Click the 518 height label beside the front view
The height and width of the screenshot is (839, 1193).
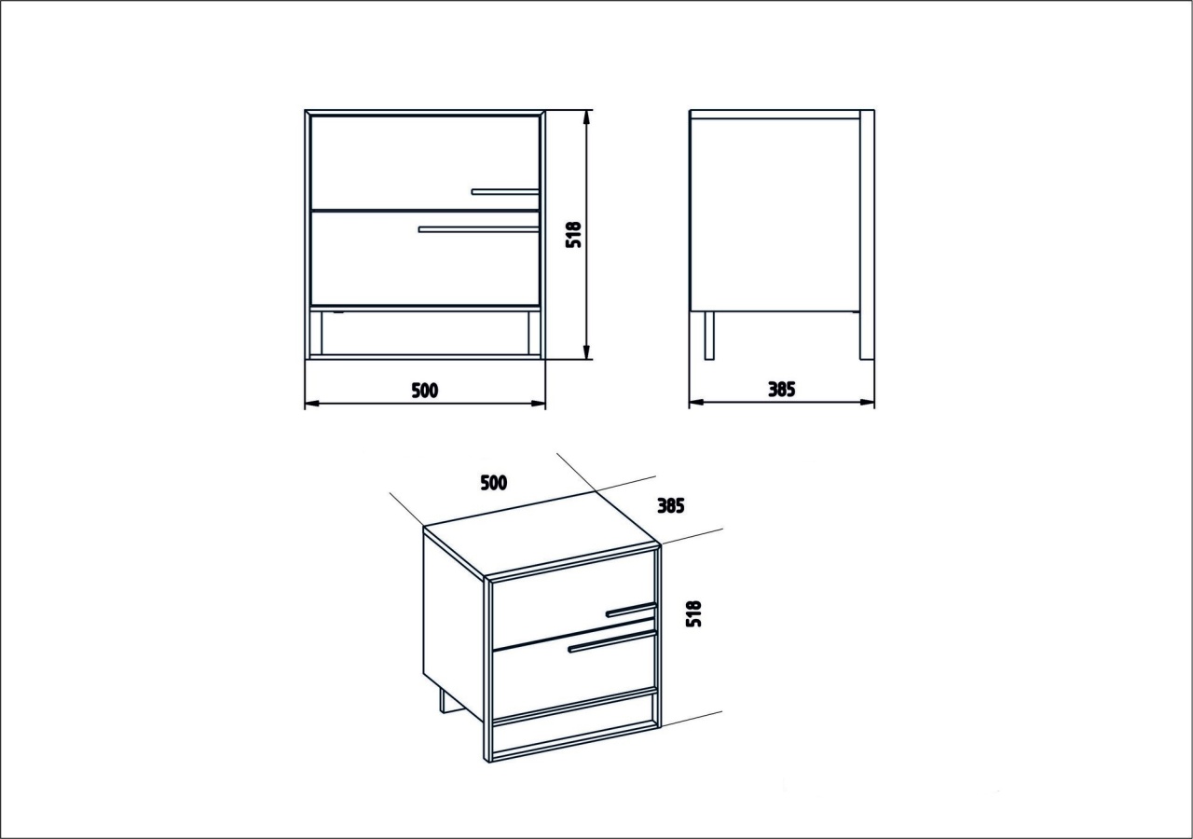(573, 234)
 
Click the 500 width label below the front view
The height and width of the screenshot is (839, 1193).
(425, 391)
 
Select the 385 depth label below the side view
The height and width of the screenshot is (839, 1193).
(781, 390)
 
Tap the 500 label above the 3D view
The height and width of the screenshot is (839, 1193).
(494, 483)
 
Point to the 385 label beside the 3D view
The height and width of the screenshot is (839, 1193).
(670, 505)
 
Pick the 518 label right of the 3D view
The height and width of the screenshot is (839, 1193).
(694, 613)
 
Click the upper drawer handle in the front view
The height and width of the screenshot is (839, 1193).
(505, 191)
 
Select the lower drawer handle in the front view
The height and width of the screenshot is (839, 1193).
(479, 229)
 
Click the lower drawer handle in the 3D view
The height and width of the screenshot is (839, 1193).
(611, 641)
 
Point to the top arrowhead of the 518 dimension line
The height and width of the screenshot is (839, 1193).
(586, 117)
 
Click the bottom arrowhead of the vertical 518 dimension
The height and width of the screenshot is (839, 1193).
(586, 352)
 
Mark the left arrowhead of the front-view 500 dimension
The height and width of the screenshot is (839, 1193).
(312, 404)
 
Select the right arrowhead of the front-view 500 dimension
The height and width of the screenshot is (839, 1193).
(538, 404)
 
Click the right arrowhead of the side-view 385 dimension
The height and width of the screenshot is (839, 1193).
(867, 402)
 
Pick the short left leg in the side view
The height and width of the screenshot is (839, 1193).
(709, 336)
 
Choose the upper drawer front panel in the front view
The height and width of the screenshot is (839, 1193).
(426, 162)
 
